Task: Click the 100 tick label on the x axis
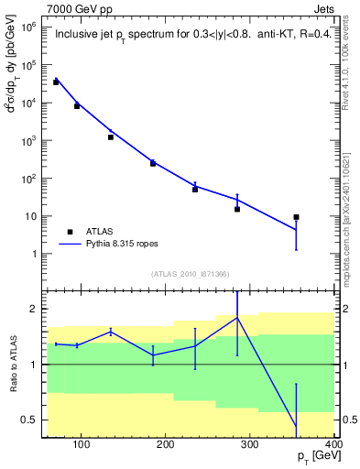pos(82,445)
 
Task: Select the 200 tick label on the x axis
pos(166,445)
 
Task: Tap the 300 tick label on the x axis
pos(250,445)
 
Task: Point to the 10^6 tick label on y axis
pos(27,27)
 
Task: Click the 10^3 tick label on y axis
pos(27,141)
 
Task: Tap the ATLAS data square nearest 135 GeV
pos(111,137)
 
